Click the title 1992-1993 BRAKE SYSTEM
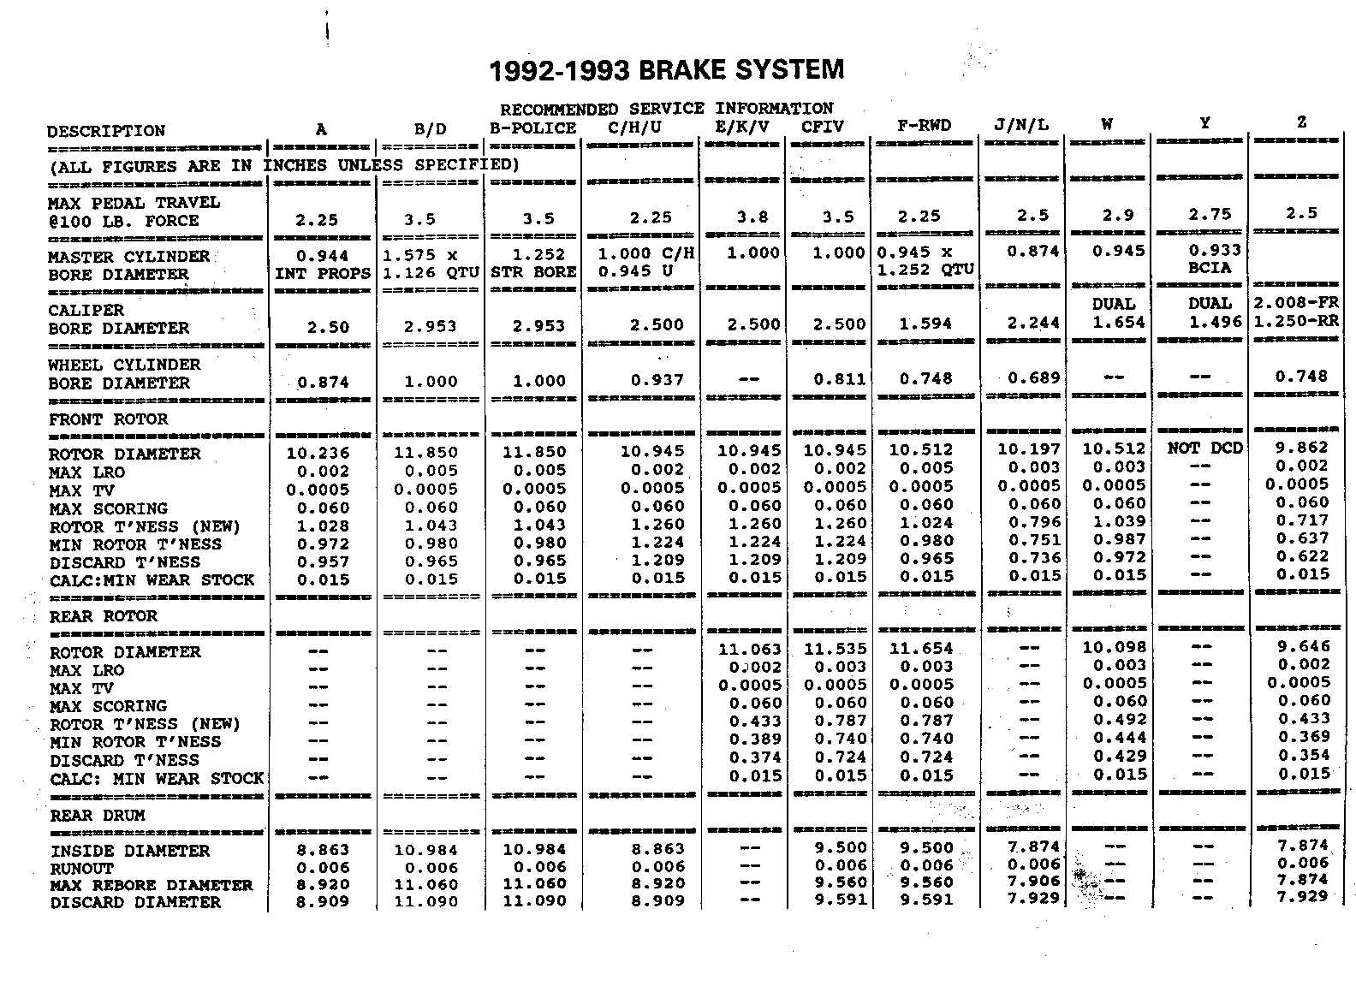(666, 69)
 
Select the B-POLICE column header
(532, 128)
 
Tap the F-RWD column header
(924, 126)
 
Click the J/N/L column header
(1020, 125)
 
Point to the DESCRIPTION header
(106, 131)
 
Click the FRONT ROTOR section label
(108, 419)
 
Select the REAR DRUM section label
(97, 816)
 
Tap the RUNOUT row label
(81, 868)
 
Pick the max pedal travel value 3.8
(752, 217)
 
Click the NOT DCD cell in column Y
(1204, 448)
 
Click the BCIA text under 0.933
(1210, 268)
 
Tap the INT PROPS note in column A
(323, 274)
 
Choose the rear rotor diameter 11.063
(750, 650)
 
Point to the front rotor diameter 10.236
(318, 454)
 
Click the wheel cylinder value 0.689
(1033, 377)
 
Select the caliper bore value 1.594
(925, 324)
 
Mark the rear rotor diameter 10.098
(1114, 647)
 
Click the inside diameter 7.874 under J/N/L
(1033, 846)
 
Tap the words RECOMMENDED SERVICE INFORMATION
(666, 109)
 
